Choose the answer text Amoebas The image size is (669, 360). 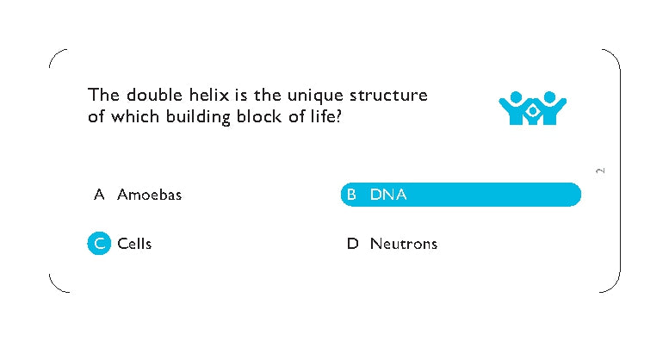[149, 195]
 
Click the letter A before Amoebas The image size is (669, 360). [99, 195]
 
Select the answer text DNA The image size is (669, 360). [387, 196]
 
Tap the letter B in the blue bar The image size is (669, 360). [351, 196]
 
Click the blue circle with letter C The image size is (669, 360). [100, 244]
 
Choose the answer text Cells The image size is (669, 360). [134, 244]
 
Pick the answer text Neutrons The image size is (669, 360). [403, 244]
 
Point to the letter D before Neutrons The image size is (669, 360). [352, 244]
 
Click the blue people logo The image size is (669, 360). [532, 109]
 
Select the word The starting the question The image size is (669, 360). [102, 96]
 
